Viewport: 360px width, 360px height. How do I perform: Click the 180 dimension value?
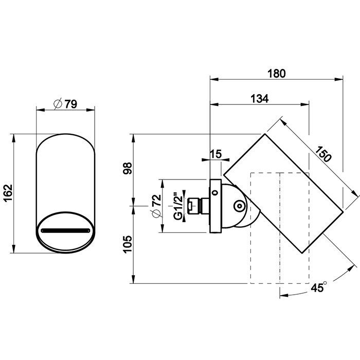277,74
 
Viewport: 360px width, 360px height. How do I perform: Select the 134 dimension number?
259,99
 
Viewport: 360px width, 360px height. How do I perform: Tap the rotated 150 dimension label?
323,154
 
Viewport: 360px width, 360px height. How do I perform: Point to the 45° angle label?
319,287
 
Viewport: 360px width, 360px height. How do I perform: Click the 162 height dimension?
9,193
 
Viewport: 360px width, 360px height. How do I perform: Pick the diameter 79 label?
65,104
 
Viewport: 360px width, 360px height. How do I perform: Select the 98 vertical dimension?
128,168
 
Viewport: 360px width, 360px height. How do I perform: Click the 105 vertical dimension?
128,244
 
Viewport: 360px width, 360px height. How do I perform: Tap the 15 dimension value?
216,154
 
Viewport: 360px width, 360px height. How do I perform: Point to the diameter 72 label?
156,206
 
